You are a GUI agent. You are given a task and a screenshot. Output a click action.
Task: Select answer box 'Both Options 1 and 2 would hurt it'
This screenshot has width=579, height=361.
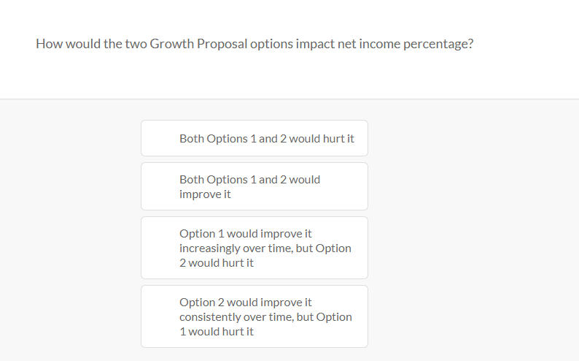(x=254, y=138)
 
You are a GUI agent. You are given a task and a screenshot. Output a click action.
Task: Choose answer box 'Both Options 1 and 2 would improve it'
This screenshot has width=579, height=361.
(x=254, y=186)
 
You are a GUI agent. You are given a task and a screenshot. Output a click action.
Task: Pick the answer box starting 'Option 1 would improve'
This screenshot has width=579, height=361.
(x=254, y=248)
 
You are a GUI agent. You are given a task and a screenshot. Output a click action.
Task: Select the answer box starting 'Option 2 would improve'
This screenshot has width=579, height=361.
(x=254, y=316)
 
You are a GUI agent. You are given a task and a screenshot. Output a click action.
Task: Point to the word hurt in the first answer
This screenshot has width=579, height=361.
(x=333, y=139)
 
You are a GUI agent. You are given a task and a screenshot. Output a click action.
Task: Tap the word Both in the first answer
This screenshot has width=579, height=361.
(x=192, y=139)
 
